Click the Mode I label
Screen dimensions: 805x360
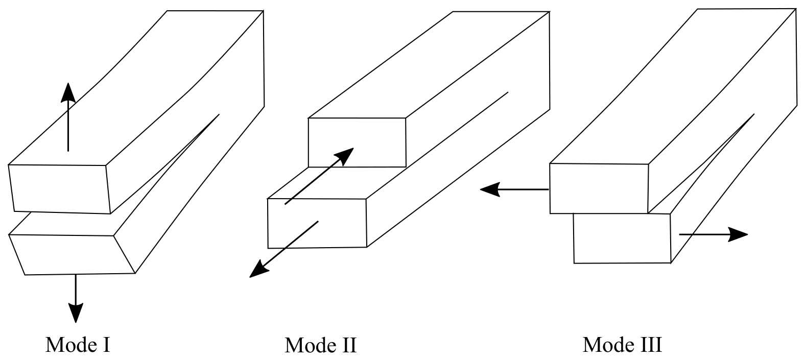[78, 345]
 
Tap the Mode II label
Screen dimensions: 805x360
[321, 345]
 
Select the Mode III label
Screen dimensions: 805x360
[622, 345]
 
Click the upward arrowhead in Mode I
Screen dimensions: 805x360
[67, 93]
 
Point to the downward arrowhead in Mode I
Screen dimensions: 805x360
[76, 313]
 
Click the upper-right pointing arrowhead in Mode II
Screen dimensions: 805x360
[344, 156]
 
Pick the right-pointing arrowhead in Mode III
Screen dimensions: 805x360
[738, 234]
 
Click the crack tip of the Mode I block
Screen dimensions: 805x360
[219, 114]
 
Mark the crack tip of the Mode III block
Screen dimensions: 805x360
[754, 114]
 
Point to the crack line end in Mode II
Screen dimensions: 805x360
[508, 92]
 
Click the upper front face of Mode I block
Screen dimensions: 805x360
[60, 189]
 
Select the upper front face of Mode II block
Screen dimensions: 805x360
[357, 142]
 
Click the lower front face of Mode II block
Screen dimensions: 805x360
[317, 223]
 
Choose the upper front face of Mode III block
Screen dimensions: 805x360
[599, 188]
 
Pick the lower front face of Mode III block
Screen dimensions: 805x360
[622, 238]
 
